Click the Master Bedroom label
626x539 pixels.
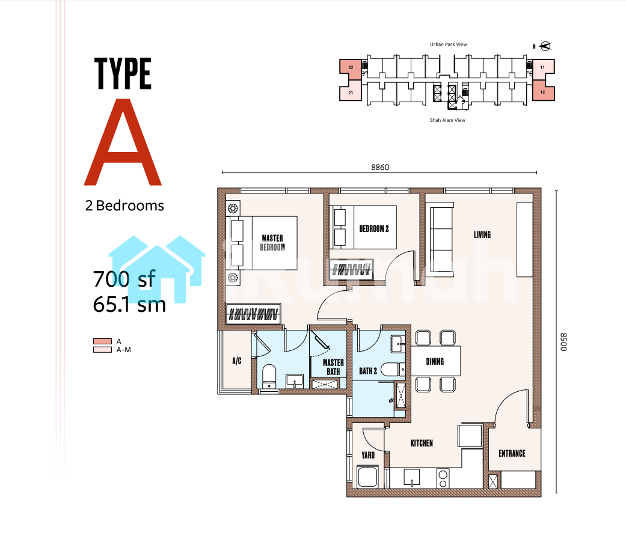click(x=272, y=243)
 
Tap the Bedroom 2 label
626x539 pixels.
click(x=374, y=228)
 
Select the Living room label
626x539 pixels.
click(x=482, y=234)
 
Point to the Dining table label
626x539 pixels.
click(x=435, y=362)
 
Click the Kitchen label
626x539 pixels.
click(x=422, y=443)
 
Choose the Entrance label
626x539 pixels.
click(x=512, y=453)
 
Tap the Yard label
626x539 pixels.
click(x=368, y=455)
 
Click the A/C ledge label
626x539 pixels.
click(x=237, y=361)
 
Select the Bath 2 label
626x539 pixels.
click(x=368, y=371)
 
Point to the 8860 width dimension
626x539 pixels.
click(x=380, y=167)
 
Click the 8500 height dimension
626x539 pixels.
click(x=563, y=342)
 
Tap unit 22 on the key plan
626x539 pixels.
click(x=351, y=67)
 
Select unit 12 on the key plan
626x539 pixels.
click(x=543, y=92)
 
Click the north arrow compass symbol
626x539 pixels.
click(x=545, y=46)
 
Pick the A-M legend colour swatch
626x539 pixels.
click(x=102, y=350)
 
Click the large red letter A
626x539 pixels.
click(x=123, y=142)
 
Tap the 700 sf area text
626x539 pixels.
click(x=124, y=279)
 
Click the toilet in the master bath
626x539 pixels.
click(x=269, y=376)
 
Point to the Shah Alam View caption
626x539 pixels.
click(x=447, y=120)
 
